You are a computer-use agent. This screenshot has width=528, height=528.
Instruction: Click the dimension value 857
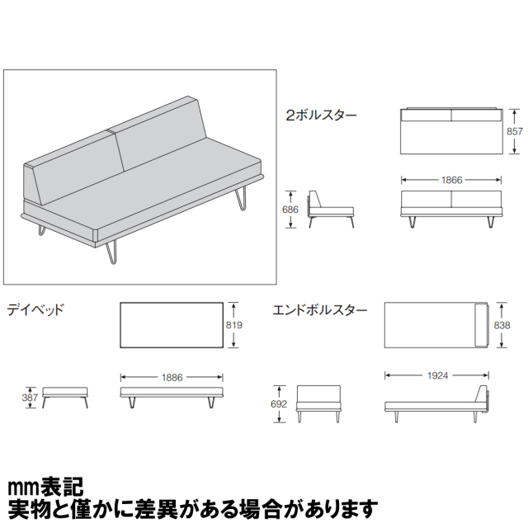point(515,131)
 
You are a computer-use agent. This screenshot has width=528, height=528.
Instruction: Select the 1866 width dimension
point(451,179)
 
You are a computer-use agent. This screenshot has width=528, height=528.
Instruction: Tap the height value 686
point(290,210)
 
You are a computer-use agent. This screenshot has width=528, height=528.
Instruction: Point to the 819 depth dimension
point(234,326)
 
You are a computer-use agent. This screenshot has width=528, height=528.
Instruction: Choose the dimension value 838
point(501,327)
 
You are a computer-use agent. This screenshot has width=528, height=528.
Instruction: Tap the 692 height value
point(280,405)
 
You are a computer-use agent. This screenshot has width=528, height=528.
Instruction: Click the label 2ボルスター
point(321,115)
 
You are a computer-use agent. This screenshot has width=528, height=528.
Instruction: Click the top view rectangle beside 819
point(172,326)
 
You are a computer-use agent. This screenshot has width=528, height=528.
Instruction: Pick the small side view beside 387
point(65,394)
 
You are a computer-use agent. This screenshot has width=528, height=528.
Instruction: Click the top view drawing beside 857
point(451,130)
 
